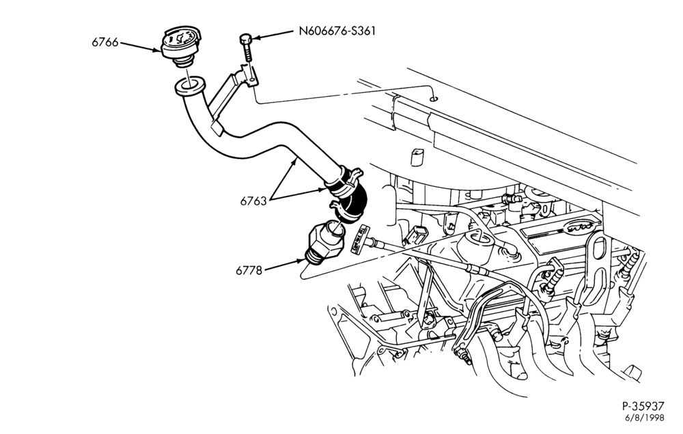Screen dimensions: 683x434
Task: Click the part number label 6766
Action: click(x=104, y=42)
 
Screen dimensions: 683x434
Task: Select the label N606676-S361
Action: click(x=337, y=31)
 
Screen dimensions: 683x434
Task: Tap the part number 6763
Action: click(x=253, y=201)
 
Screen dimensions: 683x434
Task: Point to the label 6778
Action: click(x=249, y=270)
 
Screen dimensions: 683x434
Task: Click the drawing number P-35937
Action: click(x=643, y=406)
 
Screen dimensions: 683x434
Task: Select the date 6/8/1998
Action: click(x=645, y=418)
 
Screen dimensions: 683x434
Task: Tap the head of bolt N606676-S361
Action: click(x=245, y=40)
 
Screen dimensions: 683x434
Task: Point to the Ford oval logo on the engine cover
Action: click(x=581, y=226)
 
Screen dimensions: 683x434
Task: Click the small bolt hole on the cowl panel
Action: click(x=433, y=99)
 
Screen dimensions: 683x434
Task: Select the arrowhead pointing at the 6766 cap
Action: click(x=156, y=50)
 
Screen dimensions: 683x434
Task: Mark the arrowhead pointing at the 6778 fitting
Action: click(x=301, y=261)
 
